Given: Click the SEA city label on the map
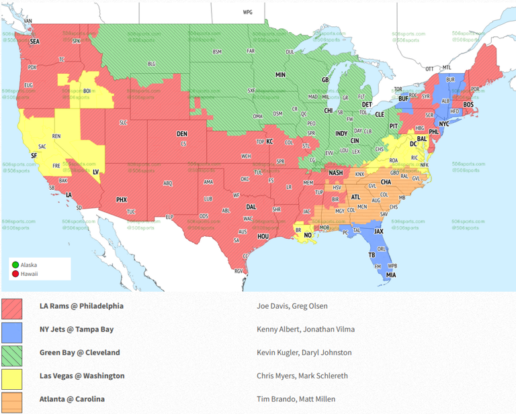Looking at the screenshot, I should point(34,42).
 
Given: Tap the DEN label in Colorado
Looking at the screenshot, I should point(182,134).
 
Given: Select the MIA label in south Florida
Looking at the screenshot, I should point(390,275).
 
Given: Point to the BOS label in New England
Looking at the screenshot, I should point(468,105).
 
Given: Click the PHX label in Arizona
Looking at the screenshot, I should point(122,199).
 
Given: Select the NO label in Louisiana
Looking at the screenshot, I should point(307,236).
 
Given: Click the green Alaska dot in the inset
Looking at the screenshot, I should point(15,264).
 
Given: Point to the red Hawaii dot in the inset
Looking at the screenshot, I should point(15,273).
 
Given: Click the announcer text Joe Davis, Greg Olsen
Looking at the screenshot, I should point(292,306).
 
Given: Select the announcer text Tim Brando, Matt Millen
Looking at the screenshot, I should point(296,399).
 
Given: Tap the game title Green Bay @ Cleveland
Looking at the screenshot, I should point(80,352).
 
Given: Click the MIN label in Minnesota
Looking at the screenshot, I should point(280,75).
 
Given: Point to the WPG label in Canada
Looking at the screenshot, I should point(247,12).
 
